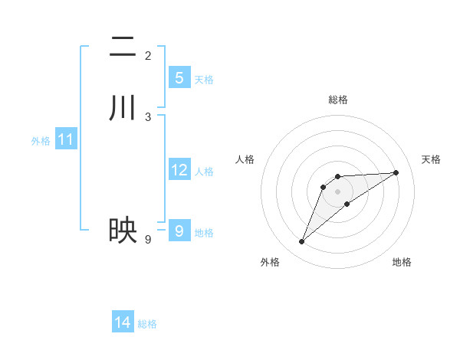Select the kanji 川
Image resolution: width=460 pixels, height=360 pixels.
123,106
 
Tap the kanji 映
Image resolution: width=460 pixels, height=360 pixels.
123,229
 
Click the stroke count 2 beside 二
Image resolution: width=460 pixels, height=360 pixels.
148,56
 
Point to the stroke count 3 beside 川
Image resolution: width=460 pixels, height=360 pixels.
148,117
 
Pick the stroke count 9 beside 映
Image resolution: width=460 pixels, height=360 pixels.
148,240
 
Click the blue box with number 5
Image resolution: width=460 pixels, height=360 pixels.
179,77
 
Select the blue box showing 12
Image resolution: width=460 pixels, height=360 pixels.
179,170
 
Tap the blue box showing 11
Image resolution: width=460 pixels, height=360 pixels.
66,140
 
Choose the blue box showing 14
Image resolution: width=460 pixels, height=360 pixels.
123,322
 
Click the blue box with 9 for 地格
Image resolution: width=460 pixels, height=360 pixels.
179,231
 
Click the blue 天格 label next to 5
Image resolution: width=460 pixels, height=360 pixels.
204,80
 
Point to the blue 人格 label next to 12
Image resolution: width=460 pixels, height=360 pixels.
204,172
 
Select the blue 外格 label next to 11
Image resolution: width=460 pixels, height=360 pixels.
41,141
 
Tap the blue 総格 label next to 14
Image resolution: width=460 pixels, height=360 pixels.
147,324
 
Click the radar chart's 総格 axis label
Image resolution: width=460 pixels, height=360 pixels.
338,100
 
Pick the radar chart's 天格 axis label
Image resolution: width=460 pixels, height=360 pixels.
432,159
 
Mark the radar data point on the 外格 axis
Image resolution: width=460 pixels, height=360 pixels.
302,242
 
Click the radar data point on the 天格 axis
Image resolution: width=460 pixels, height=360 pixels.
396,172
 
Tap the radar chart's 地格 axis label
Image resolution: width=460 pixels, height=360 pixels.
402,262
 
